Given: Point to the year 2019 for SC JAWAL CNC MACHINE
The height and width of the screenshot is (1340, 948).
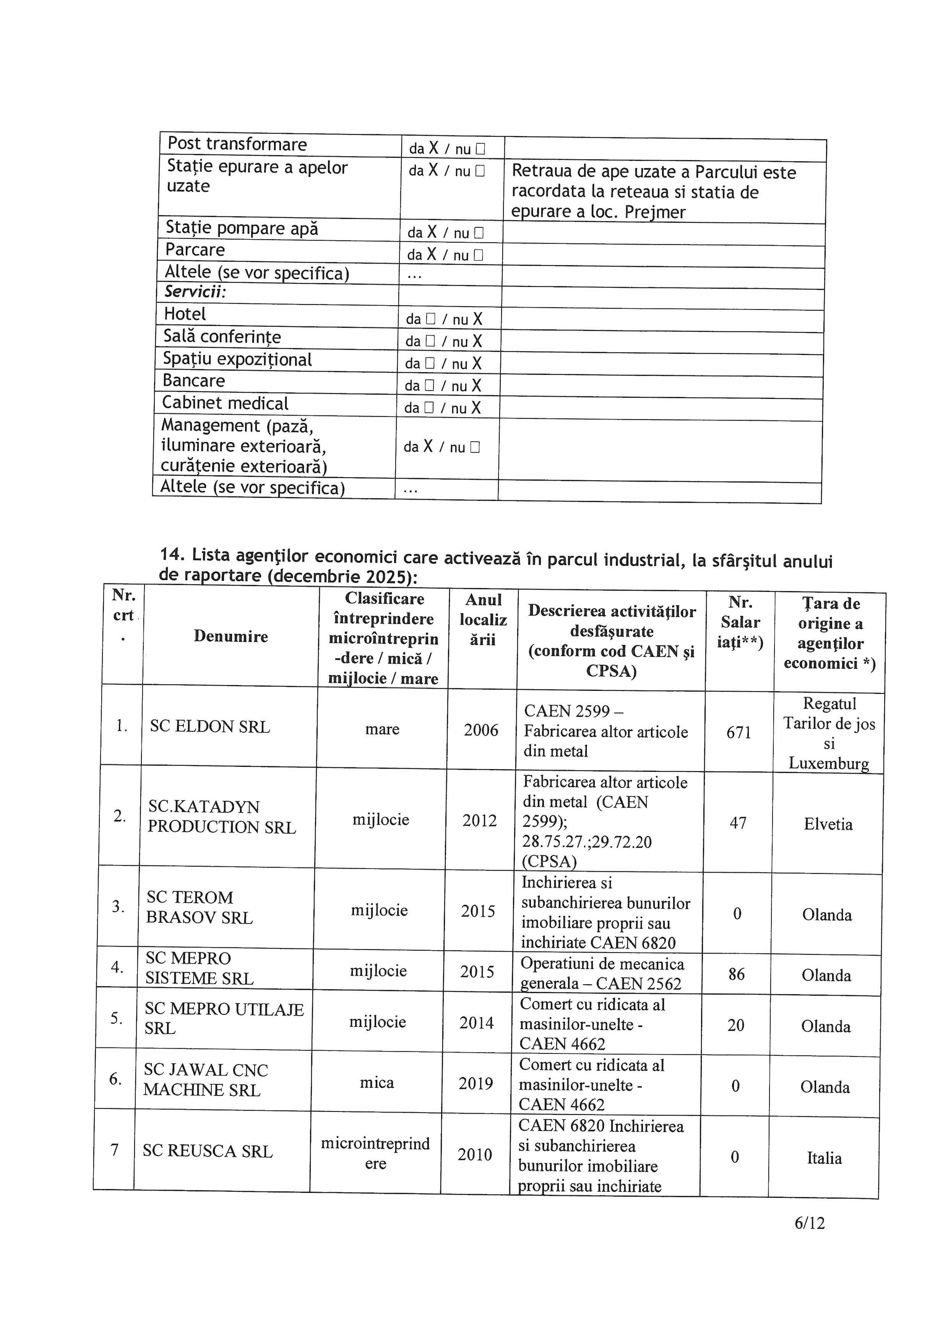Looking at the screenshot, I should [476, 1083].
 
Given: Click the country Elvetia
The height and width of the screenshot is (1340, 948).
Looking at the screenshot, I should [828, 824].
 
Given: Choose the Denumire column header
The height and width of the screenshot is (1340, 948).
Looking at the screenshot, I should [231, 636].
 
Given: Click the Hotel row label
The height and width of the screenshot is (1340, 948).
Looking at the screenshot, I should [185, 314].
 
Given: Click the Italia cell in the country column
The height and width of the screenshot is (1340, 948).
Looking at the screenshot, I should [824, 1158].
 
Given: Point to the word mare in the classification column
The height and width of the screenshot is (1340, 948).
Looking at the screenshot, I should [382, 729].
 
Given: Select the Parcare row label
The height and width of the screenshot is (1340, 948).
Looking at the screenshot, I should [195, 250].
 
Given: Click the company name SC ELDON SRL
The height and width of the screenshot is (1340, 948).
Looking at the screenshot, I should [209, 727].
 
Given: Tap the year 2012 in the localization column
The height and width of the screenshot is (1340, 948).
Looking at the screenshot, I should [479, 821].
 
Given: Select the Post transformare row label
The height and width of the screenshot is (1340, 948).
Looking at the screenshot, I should [237, 144].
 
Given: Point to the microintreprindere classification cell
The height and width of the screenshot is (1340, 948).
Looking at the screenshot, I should [375, 1153].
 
